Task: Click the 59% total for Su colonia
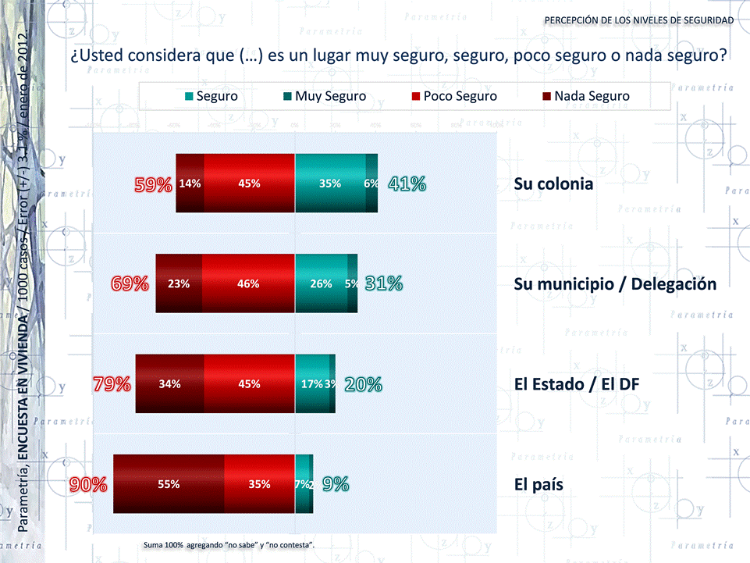[x=153, y=184]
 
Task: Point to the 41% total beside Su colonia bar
[x=407, y=184]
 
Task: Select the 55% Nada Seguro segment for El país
[x=169, y=484]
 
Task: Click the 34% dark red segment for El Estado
[x=169, y=384]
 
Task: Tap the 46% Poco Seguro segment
[x=248, y=284]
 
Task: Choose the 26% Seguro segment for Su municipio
[x=321, y=284]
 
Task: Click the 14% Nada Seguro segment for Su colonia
[x=190, y=184]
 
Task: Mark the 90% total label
[x=87, y=484]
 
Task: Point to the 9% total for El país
[x=336, y=484]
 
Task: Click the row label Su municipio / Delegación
[x=615, y=284]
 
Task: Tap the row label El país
[x=539, y=484]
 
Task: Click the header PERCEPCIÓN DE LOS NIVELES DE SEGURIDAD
[x=638, y=20]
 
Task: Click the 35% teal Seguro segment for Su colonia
[x=330, y=184]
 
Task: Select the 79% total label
[x=112, y=384]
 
